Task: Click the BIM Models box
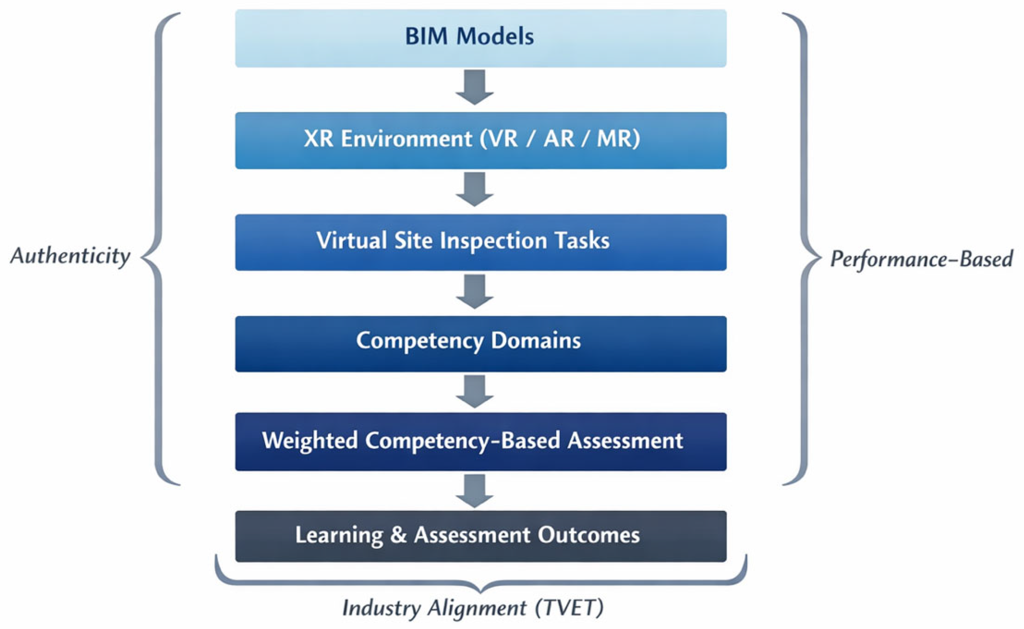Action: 481,38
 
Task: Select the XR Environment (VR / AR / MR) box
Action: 481,140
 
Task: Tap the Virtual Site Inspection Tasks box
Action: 481,242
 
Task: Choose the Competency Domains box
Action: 481,343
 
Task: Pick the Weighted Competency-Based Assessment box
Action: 481,441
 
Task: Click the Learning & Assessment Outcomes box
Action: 481,536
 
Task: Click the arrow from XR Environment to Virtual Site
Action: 475,189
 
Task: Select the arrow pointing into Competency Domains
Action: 475,291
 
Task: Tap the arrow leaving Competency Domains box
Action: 475,391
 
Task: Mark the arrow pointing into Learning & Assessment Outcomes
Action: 475,491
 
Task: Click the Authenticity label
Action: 70,257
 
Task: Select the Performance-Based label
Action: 922,259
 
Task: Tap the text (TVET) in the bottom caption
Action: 569,608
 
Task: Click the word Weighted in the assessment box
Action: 310,441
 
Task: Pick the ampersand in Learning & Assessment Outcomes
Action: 398,535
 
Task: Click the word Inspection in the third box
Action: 493,241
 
